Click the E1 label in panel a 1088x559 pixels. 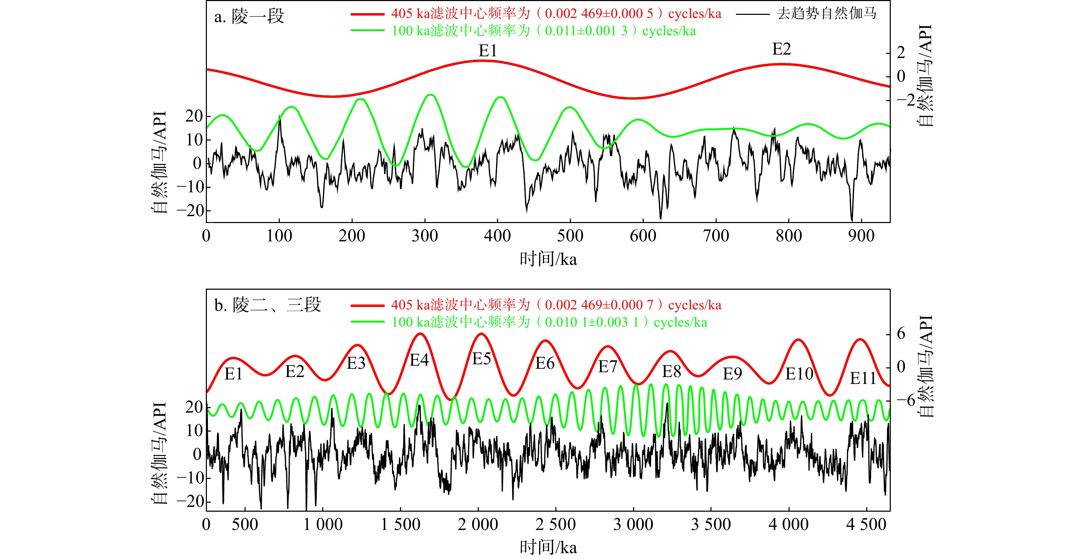click(487, 51)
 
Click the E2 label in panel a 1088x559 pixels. click(781, 49)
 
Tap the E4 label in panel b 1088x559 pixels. click(419, 360)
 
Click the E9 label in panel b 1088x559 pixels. click(732, 374)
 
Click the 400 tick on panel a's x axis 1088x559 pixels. click(497, 235)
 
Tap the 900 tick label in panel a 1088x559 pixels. click(861, 235)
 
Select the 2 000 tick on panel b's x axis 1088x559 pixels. click(478, 524)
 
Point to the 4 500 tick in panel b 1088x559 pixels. click(866, 524)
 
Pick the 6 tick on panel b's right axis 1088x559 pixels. click(901, 334)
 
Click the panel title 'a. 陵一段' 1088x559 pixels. click(249, 17)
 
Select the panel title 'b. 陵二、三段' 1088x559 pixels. click(268, 305)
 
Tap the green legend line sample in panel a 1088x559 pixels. click(367, 31)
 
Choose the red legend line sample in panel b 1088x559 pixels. click(367, 305)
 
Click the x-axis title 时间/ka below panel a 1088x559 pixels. click(548, 259)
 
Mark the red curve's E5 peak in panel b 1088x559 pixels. click(481, 334)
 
